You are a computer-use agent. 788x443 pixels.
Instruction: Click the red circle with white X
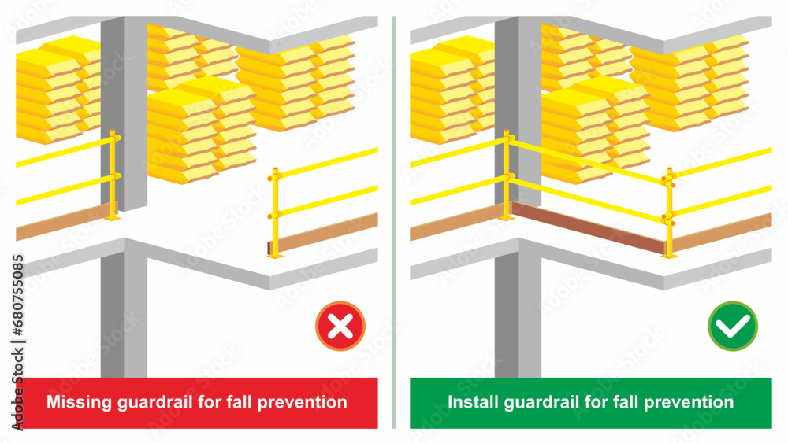tap(340, 326)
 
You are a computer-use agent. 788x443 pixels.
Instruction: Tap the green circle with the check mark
tap(733, 326)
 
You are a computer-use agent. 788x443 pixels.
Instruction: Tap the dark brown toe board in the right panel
tap(587, 228)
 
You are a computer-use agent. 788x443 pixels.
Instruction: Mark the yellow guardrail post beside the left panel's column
tap(113, 175)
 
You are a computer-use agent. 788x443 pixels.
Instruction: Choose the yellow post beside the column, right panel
tap(506, 175)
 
